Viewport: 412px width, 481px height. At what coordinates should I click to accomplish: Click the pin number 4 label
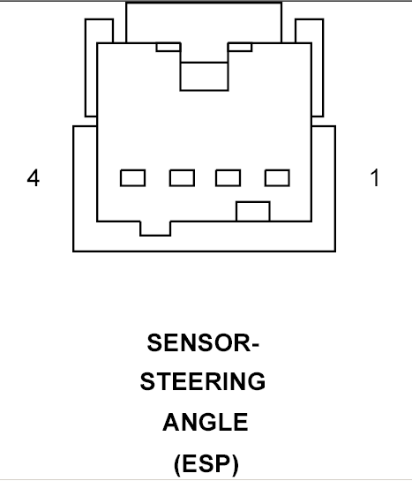click(34, 177)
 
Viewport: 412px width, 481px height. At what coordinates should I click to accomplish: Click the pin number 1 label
click(375, 177)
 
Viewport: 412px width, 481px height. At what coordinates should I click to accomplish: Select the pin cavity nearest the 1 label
click(277, 178)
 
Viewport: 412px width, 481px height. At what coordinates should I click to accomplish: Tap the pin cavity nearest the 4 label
click(132, 178)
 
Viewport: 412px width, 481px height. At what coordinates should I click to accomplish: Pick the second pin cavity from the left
click(182, 178)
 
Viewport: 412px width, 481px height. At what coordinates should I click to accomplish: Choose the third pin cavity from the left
click(228, 178)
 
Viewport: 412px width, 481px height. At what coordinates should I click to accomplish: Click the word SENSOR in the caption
click(199, 342)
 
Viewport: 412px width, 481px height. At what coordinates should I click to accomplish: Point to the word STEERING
click(203, 381)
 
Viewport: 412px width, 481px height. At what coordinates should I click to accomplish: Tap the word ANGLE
click(206, 422)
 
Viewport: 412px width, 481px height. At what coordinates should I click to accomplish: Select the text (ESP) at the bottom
click(206, 464)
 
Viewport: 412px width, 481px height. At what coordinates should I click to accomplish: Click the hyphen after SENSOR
click(255, 344)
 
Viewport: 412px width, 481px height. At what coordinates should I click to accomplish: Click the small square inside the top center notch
click(204, 76)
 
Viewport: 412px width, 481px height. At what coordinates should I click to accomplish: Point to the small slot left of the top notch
click(168, 47)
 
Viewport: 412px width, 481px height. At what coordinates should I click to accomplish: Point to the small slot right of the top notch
click(240, 47)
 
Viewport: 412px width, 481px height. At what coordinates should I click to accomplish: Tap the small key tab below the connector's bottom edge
click(155, 229)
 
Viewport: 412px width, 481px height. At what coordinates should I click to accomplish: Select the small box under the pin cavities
click(253, 211)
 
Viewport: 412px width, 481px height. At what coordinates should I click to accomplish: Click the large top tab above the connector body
click(204, 22)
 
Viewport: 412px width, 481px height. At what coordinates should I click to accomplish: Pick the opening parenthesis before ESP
click(176, 465)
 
